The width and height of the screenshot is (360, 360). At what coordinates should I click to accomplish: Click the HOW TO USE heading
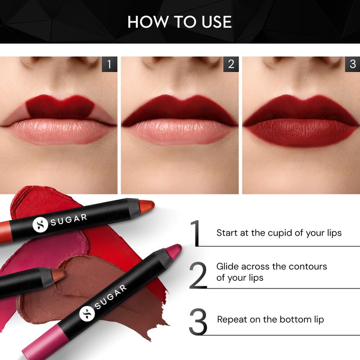(180, 22)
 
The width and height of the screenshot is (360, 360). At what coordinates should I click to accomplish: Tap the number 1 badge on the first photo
(109, 64)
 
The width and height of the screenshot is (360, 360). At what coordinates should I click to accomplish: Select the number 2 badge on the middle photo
(231, 64)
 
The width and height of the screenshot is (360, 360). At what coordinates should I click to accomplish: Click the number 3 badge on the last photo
(352, 64)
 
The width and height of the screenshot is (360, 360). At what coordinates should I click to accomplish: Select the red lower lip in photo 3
(301, 133)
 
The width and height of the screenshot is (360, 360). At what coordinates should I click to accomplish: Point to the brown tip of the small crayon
(58, 274)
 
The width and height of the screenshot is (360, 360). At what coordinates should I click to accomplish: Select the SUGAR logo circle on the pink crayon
(87, 313)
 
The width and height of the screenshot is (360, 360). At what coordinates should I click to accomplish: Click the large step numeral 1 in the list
(195, 233)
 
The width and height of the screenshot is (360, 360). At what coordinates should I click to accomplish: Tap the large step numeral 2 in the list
(198, 275)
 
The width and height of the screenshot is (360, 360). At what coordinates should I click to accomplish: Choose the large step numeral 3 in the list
(198, 321)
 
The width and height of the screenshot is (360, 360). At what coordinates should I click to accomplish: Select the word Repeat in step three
(232, 319)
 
